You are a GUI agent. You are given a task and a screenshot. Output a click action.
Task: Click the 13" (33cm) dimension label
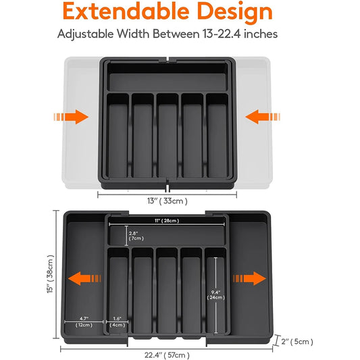coord(167,201)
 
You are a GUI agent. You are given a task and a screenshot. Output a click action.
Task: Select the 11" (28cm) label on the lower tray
coord(166,221)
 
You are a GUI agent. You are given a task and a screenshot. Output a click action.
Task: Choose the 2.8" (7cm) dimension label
coord(136,236)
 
